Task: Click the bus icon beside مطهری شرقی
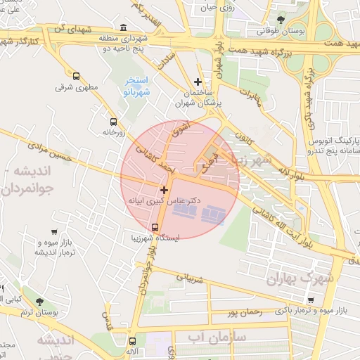point(76,75)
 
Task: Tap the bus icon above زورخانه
point(112,120)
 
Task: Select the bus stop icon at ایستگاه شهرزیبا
point(155,226)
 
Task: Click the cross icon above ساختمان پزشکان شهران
point(198,82)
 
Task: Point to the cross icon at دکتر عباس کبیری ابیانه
point(164,190)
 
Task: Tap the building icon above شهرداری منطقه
point(124,27)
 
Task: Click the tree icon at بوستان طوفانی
point(281,20)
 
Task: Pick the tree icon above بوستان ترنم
point(39,300)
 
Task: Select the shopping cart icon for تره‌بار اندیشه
point(54,231)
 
